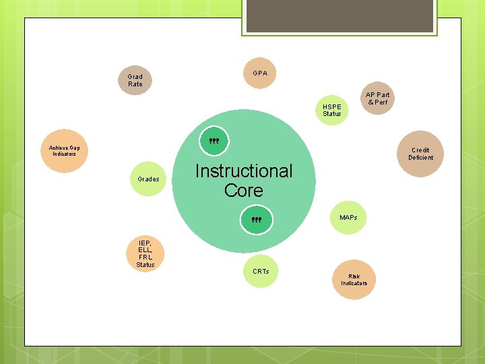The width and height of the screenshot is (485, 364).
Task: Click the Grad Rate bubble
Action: pyautogui.click(x=135, y=80)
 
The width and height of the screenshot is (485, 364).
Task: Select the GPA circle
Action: pyautogui.click(x=260, y=73)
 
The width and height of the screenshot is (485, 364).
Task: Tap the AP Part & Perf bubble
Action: pyautogui.click(x=377, y=98)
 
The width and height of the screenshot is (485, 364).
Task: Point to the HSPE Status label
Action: pyautogui.click(x=331, y=110)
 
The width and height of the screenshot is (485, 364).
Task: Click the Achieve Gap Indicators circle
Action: pyautogui.click(x=65, y=151)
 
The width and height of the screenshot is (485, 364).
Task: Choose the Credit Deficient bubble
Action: pyautogui.click(x=420, y=154)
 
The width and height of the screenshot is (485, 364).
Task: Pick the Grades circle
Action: pyautogui.click(x=148, y=179)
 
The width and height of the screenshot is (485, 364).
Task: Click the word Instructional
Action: pyautogui.click(x=244, y=171)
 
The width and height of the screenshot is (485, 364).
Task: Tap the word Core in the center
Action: pyautogui.click(x=244, y=191)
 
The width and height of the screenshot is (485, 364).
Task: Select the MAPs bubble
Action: pyautogui.click(x=349, y=218)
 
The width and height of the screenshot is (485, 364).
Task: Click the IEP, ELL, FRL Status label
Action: pyautogui.click(x=145, y=253)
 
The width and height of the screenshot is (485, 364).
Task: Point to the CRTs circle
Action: pyautogui.click(x=261, y=272)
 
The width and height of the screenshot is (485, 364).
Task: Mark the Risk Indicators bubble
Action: pyautogui.click(x=354, y=280)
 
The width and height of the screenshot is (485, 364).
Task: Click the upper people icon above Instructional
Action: pyautogui.click(x=214, y=142)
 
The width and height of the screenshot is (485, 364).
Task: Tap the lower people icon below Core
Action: pyautogui.click(x=257, y=220)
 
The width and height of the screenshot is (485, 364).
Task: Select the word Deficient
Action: pyautogui.click(x=420, y=158)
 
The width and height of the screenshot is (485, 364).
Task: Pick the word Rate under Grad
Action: pyautogui.click(x=135, y=84)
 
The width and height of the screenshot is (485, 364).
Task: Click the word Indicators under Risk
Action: pyautogui.click(x=354, y=283)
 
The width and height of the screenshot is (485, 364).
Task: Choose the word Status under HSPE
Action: pyautogui.click(x=331, y=114)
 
